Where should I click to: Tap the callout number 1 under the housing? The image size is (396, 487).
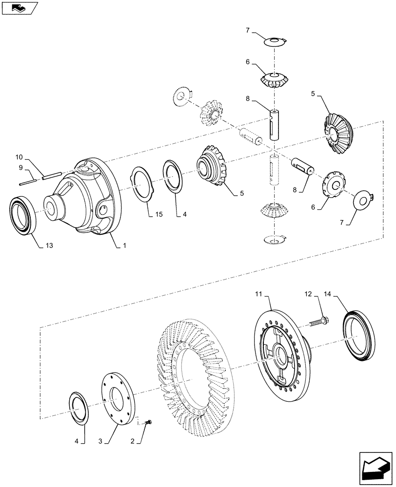tap(124, 246)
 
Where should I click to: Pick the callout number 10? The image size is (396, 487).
tap(19, 157)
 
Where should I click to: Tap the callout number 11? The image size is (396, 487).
tap(258, 295)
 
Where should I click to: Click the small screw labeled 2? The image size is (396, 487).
tap(148, 421)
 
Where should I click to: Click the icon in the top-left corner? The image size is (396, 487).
tap(18, 7)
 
